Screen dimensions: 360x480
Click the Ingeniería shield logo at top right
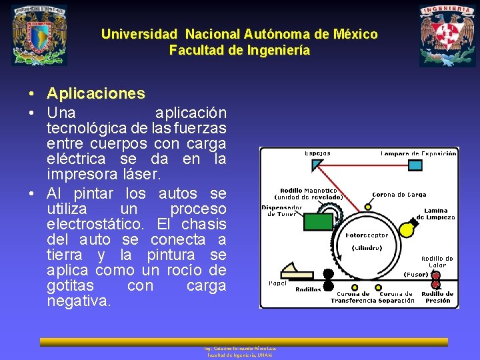447,35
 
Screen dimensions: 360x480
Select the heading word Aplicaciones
96,93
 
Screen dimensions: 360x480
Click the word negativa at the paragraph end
79,301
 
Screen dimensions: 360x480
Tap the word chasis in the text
204,224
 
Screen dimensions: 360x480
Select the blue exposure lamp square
415,165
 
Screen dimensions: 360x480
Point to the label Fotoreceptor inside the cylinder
367,235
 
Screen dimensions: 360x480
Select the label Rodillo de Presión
437,297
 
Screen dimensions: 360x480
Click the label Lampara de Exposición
419,153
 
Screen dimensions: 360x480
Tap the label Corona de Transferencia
352,297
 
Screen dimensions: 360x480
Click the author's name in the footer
241,349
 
